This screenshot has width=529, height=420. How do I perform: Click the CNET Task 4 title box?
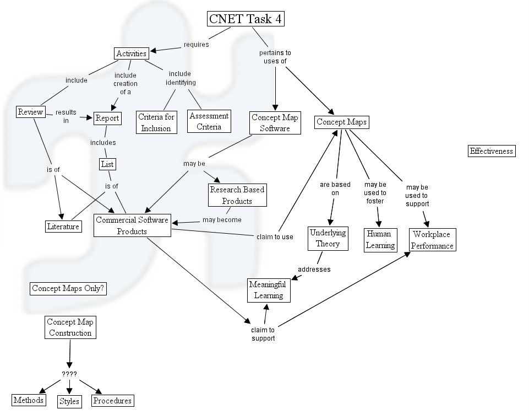click(x=248, y=19)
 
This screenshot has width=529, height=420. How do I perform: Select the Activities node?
click(x=132, y=53)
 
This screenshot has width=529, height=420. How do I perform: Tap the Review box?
click(x=30, y=112)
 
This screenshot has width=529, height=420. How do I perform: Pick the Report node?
click(x=107, y=118)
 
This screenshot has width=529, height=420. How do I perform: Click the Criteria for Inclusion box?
click(x=156, y=122)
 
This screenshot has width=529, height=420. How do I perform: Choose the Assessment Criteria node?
click(x=209, y=121)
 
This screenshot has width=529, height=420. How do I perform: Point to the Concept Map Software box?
click(x=275, y=122)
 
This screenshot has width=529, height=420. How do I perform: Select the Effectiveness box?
click(x=491, y=151)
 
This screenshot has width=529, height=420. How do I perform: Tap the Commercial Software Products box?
click(x=132, y=225)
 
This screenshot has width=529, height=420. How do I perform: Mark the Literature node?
click(x=63, y=226)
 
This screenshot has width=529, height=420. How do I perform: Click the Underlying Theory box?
click(x=328, y=238)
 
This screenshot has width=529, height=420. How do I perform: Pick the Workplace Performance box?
click(x=433, y=240)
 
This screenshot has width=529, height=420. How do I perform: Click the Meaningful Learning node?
click(x=268, y=290)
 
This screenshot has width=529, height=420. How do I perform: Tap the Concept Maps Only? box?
click(x=68, y=288)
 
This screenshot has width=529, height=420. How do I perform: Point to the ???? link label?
click(x=69, y=374)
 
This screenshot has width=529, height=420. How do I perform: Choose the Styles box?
click(x=69, y=401)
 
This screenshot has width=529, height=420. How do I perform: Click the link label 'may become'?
click(x=221, y=220)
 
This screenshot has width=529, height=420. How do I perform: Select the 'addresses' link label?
click(x=314, y=270)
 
